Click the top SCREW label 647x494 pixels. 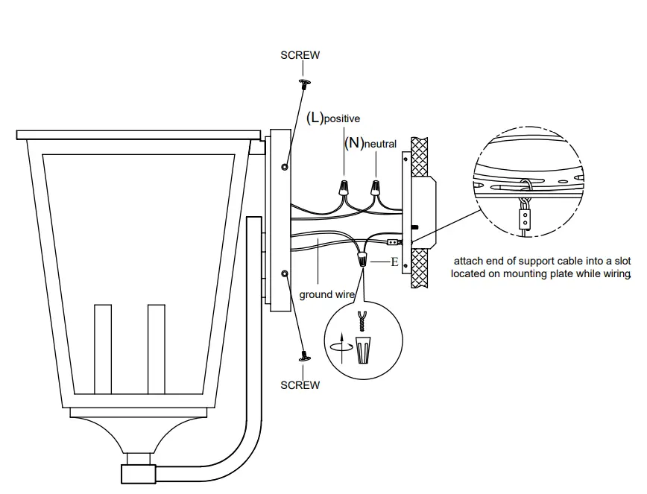pos(300,55)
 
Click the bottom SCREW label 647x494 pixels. pos(300,385)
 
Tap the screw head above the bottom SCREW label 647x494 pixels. pos(304,358)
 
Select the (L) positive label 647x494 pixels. pos(333,118)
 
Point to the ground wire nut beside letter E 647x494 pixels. pos(363,260)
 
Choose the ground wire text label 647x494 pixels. pos(326,295)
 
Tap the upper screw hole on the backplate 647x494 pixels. pos(284,168)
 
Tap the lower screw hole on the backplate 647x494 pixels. pos(284,274)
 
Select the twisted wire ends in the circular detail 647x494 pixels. pos(363,320)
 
